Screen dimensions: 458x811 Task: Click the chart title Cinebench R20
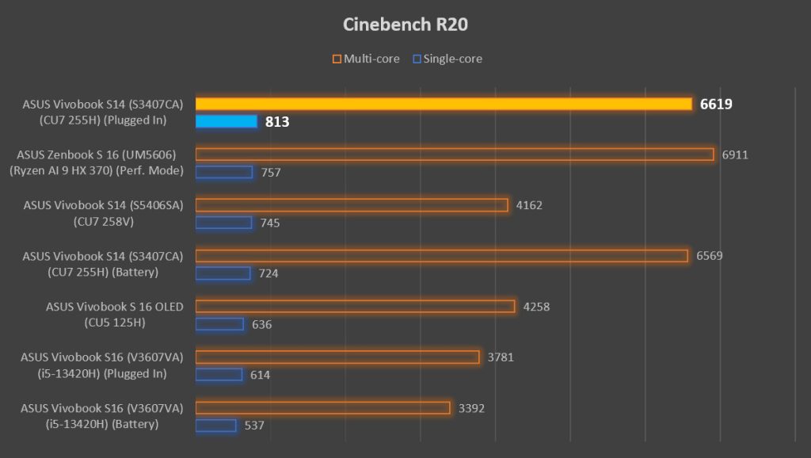click(405, 25)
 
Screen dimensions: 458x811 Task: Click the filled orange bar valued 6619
click(444, 104)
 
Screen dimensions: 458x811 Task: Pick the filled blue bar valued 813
click(227, 121)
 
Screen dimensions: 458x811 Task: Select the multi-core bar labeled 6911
click(455, 155)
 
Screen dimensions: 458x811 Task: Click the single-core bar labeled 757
click(224, 172)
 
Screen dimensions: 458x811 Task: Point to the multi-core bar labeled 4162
click(352, 205)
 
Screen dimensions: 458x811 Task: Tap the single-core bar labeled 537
click(215, 426)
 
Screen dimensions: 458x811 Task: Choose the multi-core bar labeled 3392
click(323, 408)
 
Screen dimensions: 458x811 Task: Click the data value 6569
click(710, 256)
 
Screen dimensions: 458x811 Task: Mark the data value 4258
click(536, 307)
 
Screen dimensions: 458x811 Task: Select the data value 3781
click(501, 357)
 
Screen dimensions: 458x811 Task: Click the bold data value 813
click(277, 122)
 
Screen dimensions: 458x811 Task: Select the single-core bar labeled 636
click(219, 324)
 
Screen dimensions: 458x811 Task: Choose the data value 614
click(260, 375)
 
